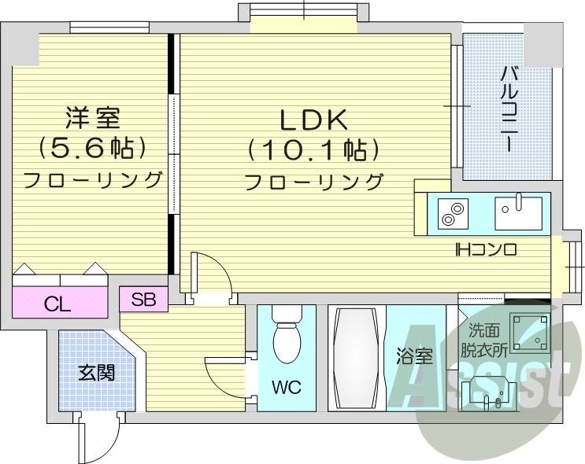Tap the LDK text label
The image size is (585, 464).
pyautogui.click(x=314, y=120)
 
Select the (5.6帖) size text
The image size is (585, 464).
pyautogui.click(x=92, y=147)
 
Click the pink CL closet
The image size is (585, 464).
pyautogui.click(x=59, y=303)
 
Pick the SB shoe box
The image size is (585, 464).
pyautogui.click(x=143, y=299)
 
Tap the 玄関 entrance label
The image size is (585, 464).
pyautogui.click(x=96, y=372)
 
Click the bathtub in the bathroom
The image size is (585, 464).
pyautogui.click(x=357, y=358)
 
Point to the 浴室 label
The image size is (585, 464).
pyautogui.click(x=414, y=356)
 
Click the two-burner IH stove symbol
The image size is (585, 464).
pyautogui.click(x=452, y=212)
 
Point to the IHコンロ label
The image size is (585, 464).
pyautogui.click(x=486, y=251)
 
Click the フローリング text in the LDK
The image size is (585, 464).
pyautogui.click(x=314, y=182)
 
